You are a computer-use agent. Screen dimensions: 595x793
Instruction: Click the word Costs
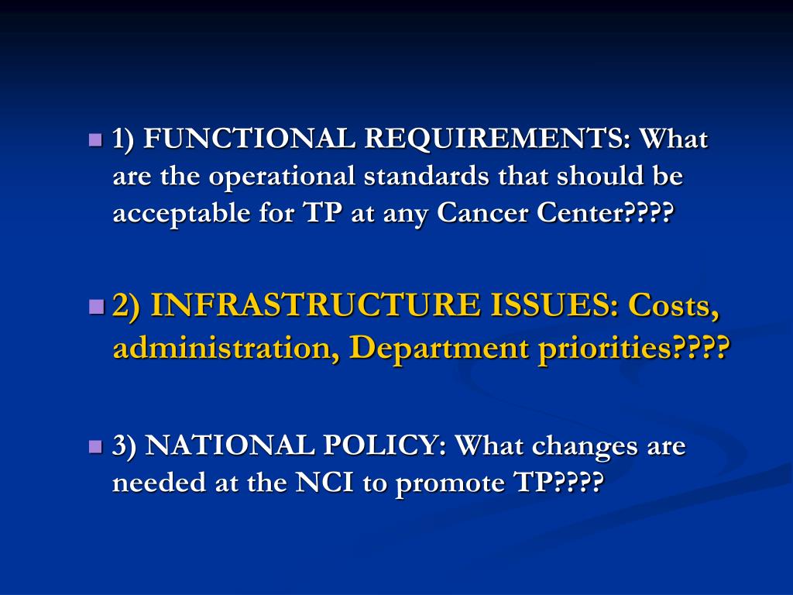click(x=674, y=306)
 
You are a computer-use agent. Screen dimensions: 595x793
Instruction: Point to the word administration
click(x=225, y=349)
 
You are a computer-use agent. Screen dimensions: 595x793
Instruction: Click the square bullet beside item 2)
click(x=96, y=307)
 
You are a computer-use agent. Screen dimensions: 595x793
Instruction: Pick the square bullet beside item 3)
click(x=96, y=447)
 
